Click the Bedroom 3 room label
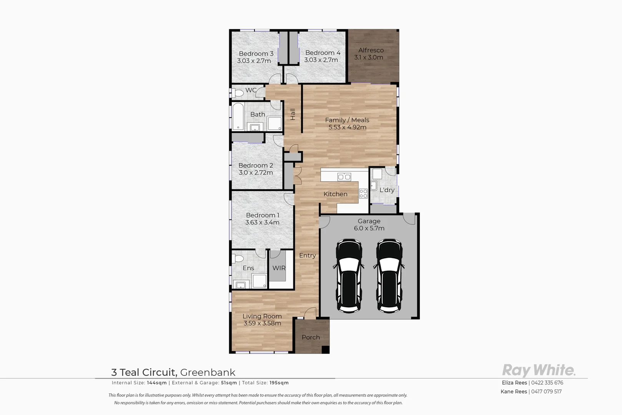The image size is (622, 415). point(256,53)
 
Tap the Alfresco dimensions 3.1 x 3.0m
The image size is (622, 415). point(369,57)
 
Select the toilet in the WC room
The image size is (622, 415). point(237,93)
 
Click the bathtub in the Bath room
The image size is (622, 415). point(238,116)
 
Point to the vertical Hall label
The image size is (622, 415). point(293,114)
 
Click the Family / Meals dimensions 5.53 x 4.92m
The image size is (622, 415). point(347,127)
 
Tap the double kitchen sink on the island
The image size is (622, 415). point(344,177)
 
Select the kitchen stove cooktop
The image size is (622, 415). point(363,193)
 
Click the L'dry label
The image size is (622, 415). point(387,190)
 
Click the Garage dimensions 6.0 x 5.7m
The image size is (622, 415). point(369,228)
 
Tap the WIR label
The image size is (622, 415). point(279,268)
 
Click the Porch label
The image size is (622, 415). point(311,337)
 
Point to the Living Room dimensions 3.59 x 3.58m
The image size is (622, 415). point(262,323)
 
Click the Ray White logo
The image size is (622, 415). point(539,370)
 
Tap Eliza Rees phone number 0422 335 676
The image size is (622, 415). point(547,383)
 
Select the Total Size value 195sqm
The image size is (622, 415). point(279,383)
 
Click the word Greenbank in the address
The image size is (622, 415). point(208,372)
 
